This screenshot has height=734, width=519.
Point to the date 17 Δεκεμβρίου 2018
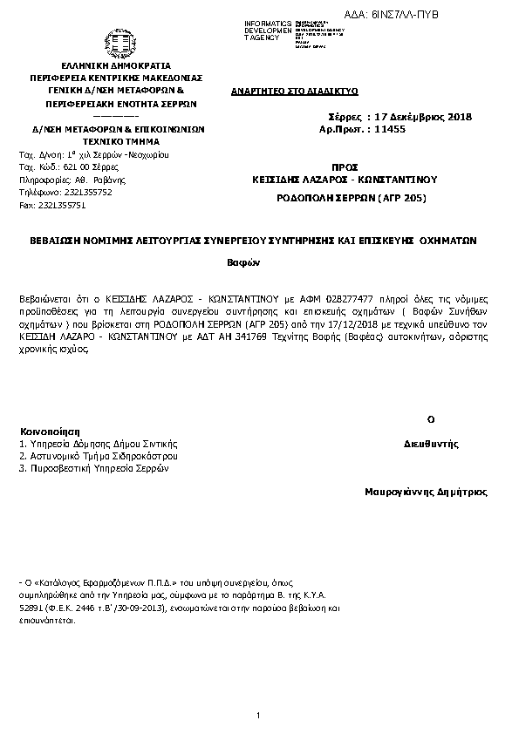pos(421,117)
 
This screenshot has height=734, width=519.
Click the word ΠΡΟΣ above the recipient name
pos(345,165)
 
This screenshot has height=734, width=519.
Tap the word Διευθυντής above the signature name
pos(432,444)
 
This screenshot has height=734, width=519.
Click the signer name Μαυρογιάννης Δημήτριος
pos(427,492)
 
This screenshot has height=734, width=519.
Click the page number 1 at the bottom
pos(259,716)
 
